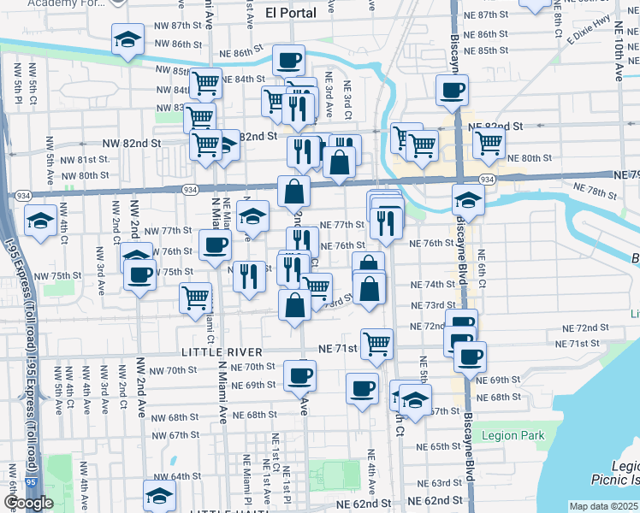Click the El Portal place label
coord(290,13)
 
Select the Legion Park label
coord(513,435)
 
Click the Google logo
coord(28,503)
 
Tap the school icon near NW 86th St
coord(127,39)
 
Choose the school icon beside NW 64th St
coord(158,496)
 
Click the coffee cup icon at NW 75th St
coord(139,275)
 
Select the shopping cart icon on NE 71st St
coord(376,344)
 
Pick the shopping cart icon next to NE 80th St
coord(489,142)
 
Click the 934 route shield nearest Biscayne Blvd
coord(486,179)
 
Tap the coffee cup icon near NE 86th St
coord(288,60)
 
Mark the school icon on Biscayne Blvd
coord(468,201)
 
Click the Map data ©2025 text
coord(604,506)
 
